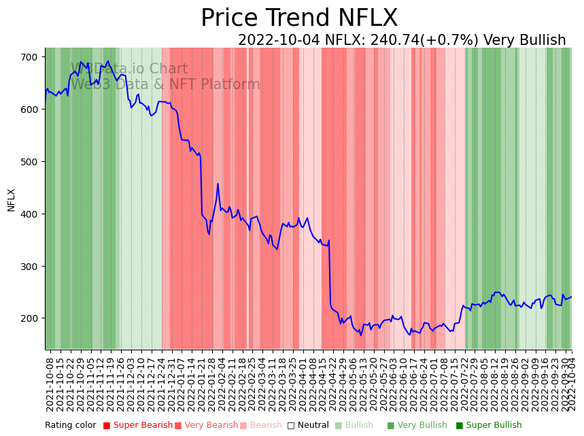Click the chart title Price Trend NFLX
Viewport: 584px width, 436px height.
click(x=299, y=18)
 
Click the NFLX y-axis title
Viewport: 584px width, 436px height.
click(x=12, y=200)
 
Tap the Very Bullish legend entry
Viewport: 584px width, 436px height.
click(x=422, y=426)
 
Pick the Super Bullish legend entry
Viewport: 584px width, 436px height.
click(x=494, y=426)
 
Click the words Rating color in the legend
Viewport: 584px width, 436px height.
click(x=71, y=426)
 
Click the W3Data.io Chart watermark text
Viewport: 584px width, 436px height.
click(x=129, y=69)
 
